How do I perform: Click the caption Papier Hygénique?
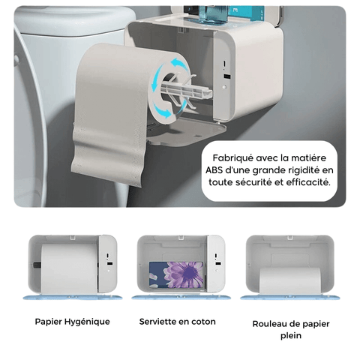pos(72,322)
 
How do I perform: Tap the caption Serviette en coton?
pos(177,322)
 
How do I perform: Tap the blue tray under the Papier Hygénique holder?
pos(72,298)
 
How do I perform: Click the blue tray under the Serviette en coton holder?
pos(178,298)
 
